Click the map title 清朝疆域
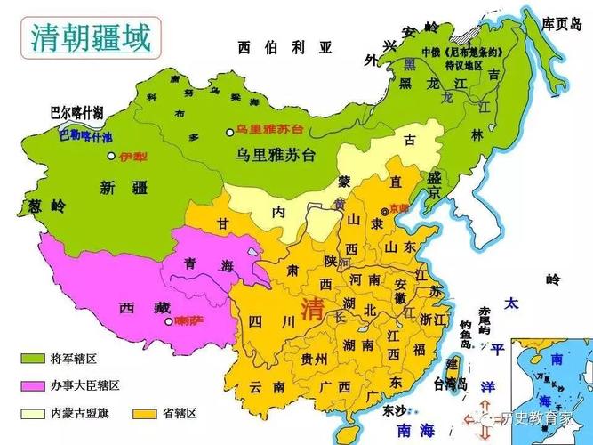pos(89,36)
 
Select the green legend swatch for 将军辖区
pos(33,360)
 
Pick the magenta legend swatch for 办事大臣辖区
pos(33,386)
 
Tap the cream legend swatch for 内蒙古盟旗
pos(33,414)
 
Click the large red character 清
pos(313,310)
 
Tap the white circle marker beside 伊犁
pos(111,156)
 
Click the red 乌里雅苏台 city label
pos(267,130)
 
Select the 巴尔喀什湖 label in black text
pos(76,112)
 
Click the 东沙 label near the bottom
pos(395,411)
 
